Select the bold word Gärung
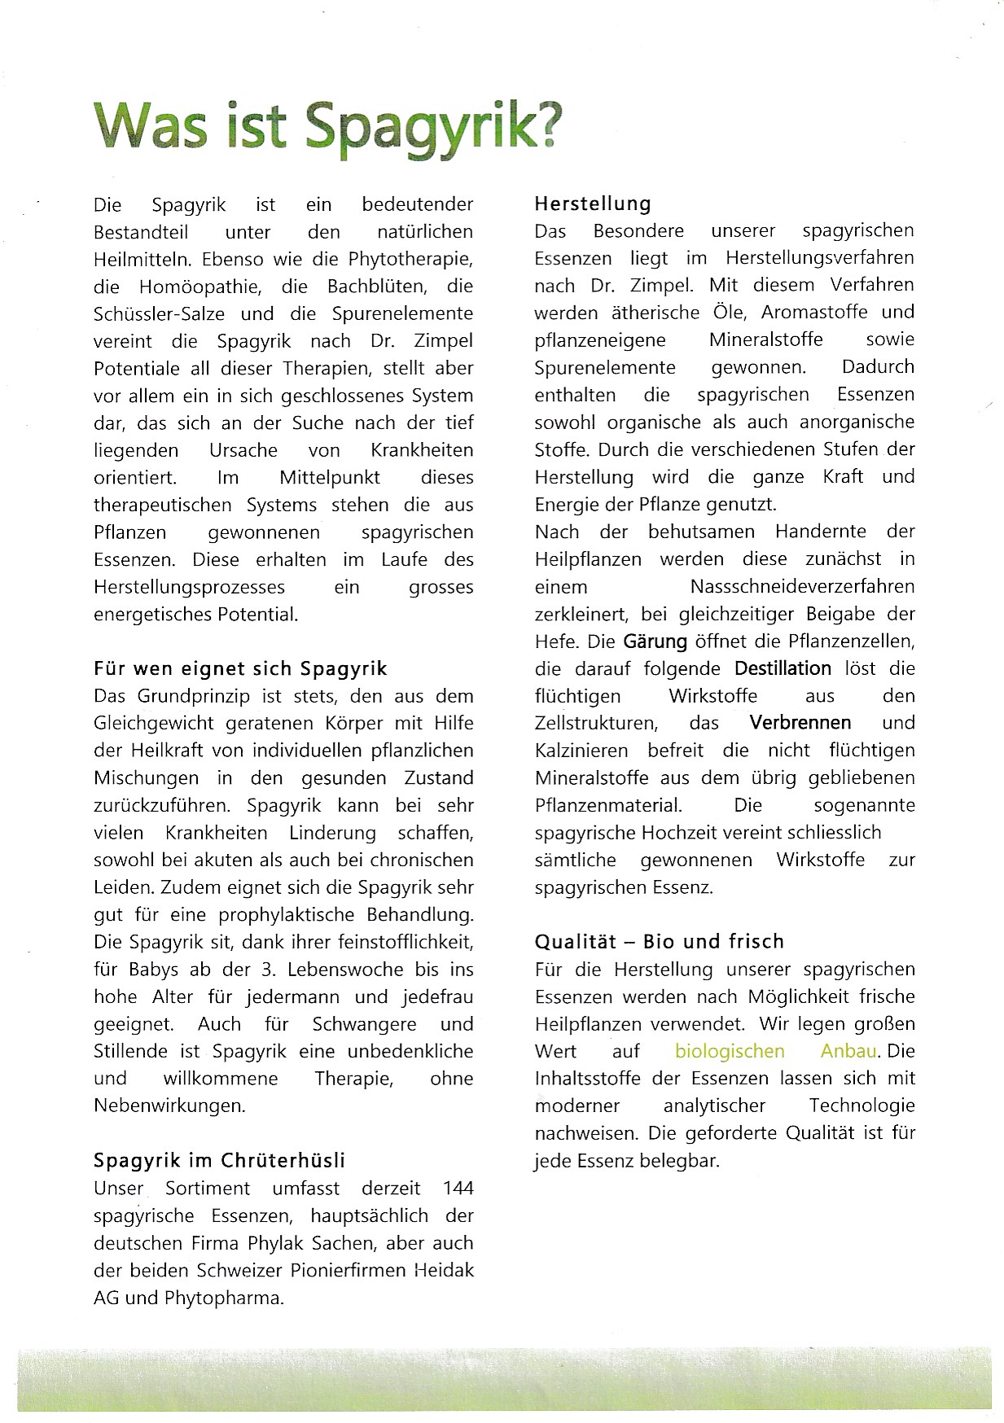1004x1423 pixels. coord(655,641)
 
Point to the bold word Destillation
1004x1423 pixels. coord(783,668)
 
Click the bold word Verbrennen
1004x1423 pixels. coord(800,723)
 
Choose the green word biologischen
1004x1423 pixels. coord(730,1051)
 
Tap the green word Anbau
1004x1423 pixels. coord(848,1051)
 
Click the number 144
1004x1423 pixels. coord(458,1188)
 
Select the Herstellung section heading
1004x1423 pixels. coord(593,204)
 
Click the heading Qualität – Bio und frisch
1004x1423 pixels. coord(660,942)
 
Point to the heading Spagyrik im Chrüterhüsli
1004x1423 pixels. coord(220,1160)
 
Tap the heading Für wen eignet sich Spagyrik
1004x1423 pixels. coord(240,669)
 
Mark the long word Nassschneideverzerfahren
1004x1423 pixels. coord(802,586)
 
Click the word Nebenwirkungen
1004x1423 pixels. coord(169,1106)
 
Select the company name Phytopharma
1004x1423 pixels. coord(223,1298)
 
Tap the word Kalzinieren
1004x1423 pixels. coord(581,751)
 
